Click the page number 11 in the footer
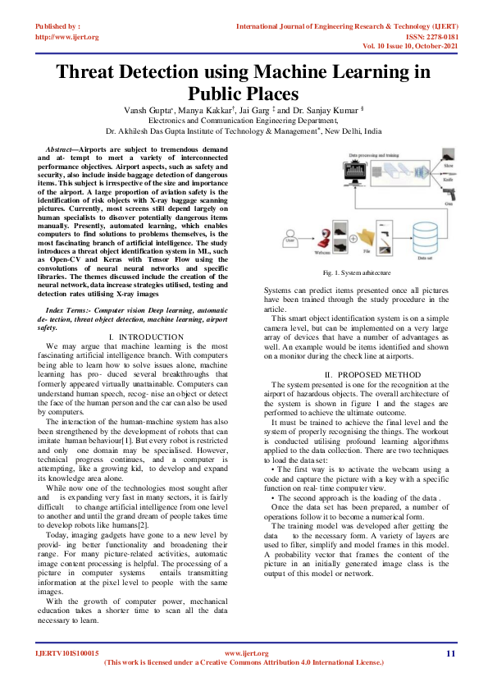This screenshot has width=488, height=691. tap(450, 653)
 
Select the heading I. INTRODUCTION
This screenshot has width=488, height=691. tap(145, 337)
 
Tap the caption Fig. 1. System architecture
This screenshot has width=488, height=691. tap(356, 272)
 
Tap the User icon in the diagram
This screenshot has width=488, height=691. tap(289, 240)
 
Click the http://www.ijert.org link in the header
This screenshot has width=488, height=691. tap(67, 37)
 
